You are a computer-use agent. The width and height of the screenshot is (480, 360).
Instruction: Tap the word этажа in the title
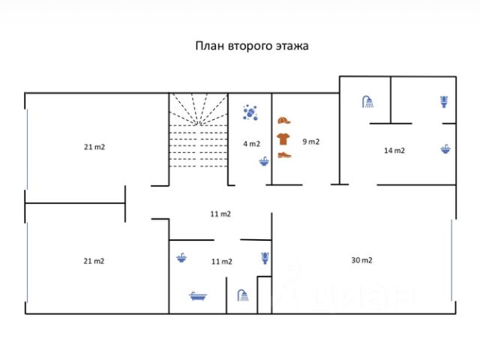coord(292,45)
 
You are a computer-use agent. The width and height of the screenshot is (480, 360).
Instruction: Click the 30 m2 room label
coord(361,260)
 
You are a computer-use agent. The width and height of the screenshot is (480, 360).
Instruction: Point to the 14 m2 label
coord(394,150)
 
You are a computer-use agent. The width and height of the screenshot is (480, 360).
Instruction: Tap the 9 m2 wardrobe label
coord(310,141)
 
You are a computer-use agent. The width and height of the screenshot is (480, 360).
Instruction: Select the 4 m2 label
coord(250,143)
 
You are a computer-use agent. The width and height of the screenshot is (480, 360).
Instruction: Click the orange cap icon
coord(283,121)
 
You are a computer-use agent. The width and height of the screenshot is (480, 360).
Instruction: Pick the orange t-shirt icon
coord(283,138)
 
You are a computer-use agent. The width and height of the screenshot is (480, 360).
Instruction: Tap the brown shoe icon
coord(283,154)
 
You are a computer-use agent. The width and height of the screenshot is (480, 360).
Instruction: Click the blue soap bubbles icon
coord(250,112)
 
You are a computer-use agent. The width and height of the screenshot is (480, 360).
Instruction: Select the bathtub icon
coord(198,296)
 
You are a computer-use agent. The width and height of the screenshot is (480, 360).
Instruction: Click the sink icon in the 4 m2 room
coord(263,160)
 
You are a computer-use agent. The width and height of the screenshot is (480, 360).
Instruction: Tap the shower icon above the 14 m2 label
coord(367,102)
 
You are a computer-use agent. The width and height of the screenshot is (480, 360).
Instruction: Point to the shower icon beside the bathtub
coord(242,295)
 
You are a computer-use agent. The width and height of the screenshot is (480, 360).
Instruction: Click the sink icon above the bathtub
coord(181,259)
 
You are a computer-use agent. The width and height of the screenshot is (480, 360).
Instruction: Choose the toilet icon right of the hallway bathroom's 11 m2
coord(264,259)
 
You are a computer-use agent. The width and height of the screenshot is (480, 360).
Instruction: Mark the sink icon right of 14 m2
coord(445,149)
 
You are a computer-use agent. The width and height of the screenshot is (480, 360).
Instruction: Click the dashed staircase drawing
coord(197,131)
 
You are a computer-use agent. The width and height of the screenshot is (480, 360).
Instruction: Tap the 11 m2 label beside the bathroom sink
coord(221,261)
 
